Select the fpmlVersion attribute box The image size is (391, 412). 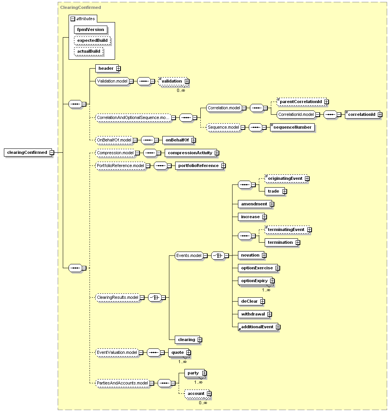(91, 30)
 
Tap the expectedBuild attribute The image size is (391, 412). (92, 40)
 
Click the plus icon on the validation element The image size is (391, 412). (187, 81)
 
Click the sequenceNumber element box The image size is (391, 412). (292, 127)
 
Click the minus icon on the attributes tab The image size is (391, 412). (73, 19)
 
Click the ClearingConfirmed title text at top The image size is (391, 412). (80, 7)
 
